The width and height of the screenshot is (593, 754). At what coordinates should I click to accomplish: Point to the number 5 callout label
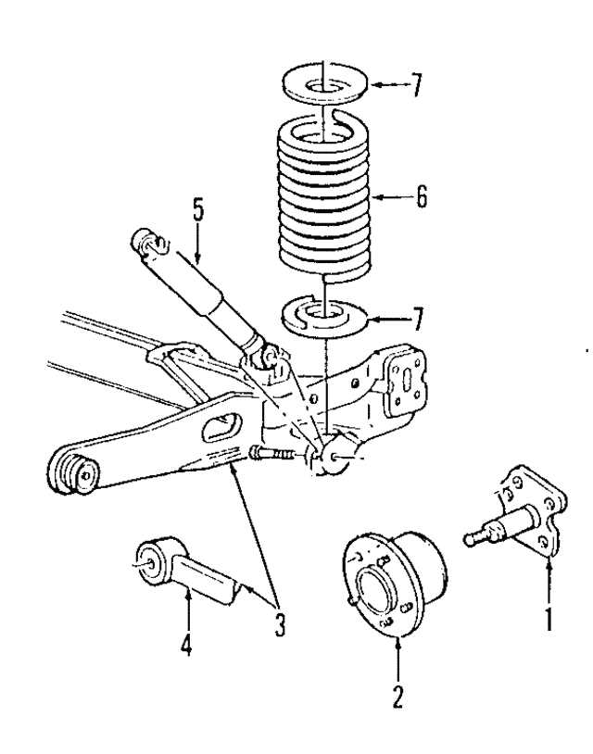pyautogui.click(x=198, y=209)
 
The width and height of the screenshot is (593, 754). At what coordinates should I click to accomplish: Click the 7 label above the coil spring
pyautogui.click(x=417, y=86)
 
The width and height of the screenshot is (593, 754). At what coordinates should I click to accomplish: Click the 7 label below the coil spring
pyautogui.click(x=417, y=321)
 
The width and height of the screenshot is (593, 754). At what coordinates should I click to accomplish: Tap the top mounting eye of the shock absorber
pyautogui.click(x=147, y=244)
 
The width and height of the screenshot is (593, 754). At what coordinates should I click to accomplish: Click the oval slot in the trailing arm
pyautogui.click(x=222, y=426)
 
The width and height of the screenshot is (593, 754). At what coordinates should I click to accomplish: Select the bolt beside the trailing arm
pyautogui.click(x=270, y=453)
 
